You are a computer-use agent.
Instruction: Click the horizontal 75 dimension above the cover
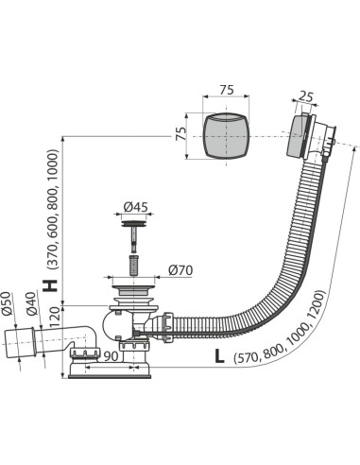pos(227,90)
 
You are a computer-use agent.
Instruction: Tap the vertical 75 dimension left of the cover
pos(180,133)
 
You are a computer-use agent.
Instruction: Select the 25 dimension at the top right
pos(304,96)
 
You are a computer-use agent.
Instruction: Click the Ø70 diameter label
pos(180,271)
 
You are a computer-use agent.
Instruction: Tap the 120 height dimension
pos(54,316)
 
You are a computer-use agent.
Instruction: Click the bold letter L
pos(218,356)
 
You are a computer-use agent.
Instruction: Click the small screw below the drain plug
pos(135,258)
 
